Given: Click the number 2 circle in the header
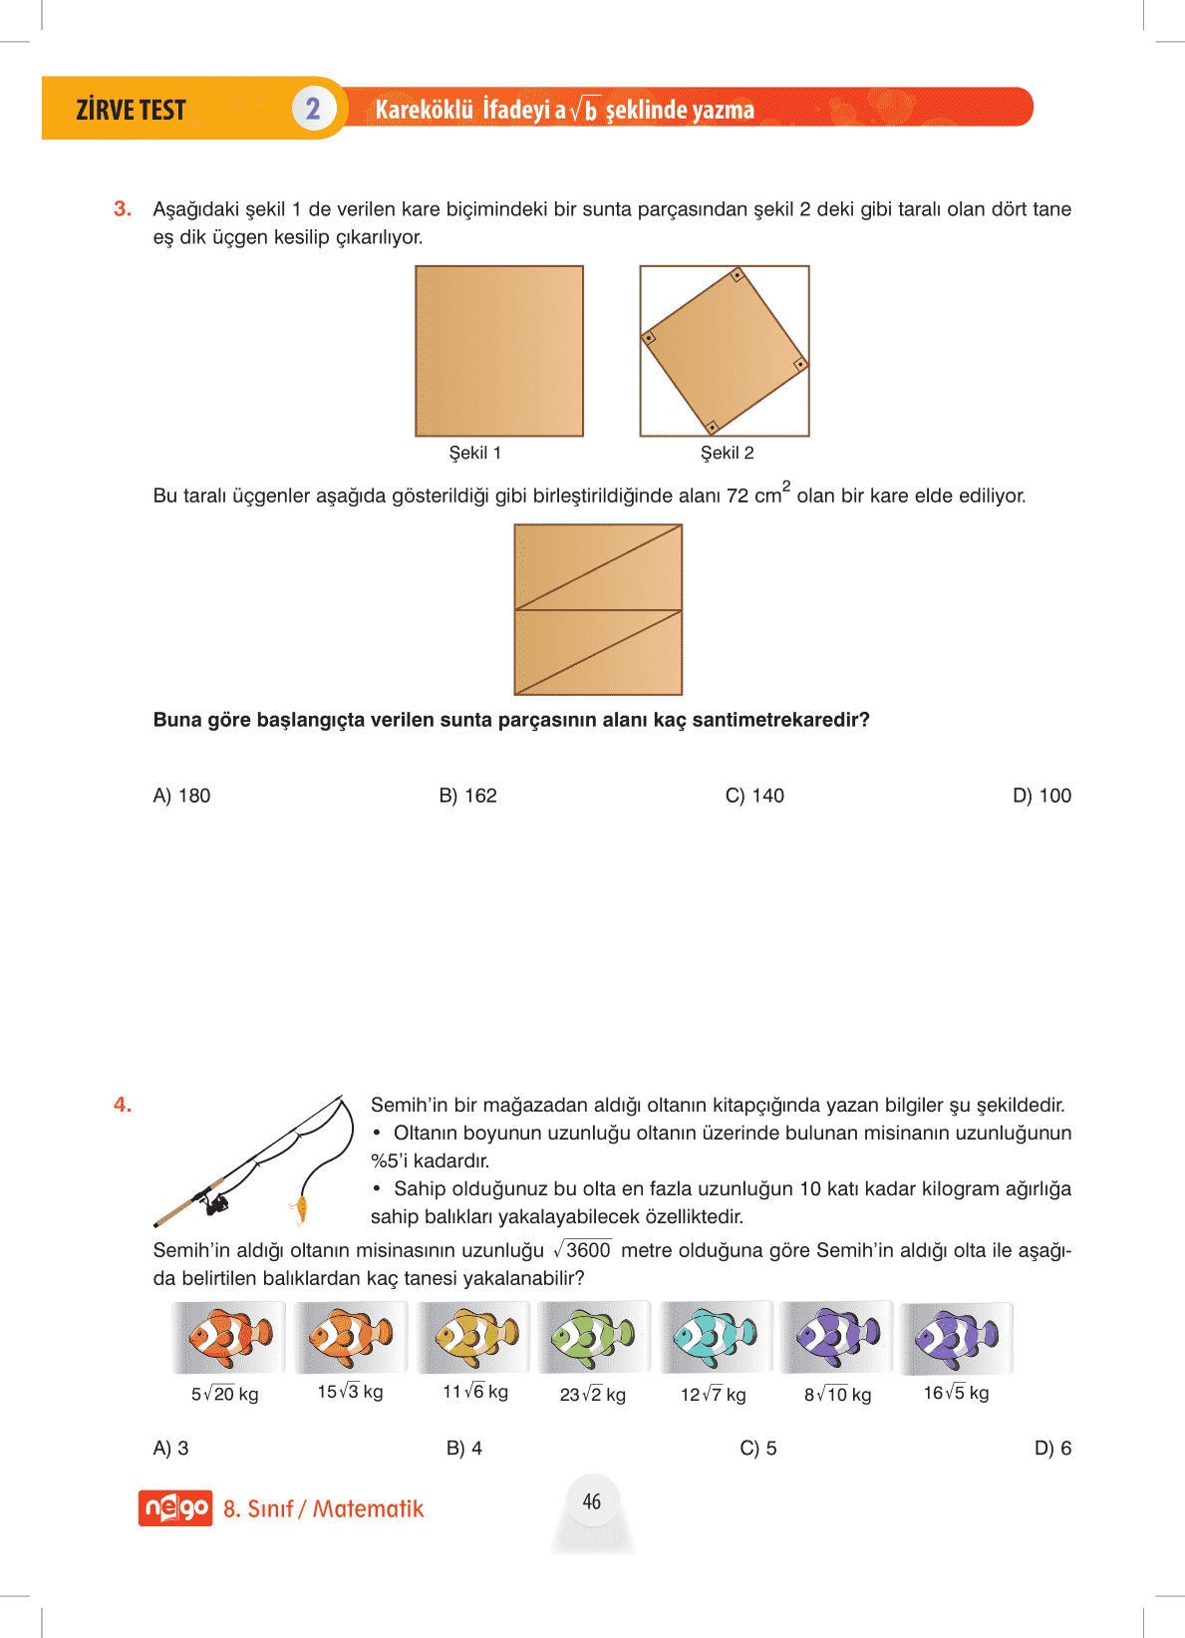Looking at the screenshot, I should (x=313, y=109).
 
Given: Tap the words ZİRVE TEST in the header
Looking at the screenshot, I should (x=131, y=110).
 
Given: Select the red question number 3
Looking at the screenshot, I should (x=123, y=208).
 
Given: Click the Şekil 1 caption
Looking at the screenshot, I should (x=475, y=453).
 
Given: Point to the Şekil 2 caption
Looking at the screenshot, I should (x=728, y=453).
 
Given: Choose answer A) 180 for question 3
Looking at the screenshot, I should (x=181, y=796).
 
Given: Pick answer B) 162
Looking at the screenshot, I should (x=467, y=796).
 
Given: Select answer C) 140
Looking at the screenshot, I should (x=754, y=796).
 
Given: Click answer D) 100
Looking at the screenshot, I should (x=1041, y=796).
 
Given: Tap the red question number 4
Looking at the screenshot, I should (x=123, y=1105).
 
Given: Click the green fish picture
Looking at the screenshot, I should (x=594, y=1337).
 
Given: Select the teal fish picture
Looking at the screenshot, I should (x=715, y=1337).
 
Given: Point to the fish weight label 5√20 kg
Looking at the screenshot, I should (x=225, y=1394).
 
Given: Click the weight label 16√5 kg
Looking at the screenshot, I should (x=956, y=1393).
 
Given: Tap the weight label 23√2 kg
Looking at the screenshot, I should (x=593, y=1395).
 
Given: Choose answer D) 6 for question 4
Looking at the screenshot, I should (x=1052, y=1448).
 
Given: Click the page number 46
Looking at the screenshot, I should (x=592, y=1501).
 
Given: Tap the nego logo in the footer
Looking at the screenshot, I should (x=175, y=1508).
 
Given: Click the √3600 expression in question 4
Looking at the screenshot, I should (x=583, y=1250).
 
